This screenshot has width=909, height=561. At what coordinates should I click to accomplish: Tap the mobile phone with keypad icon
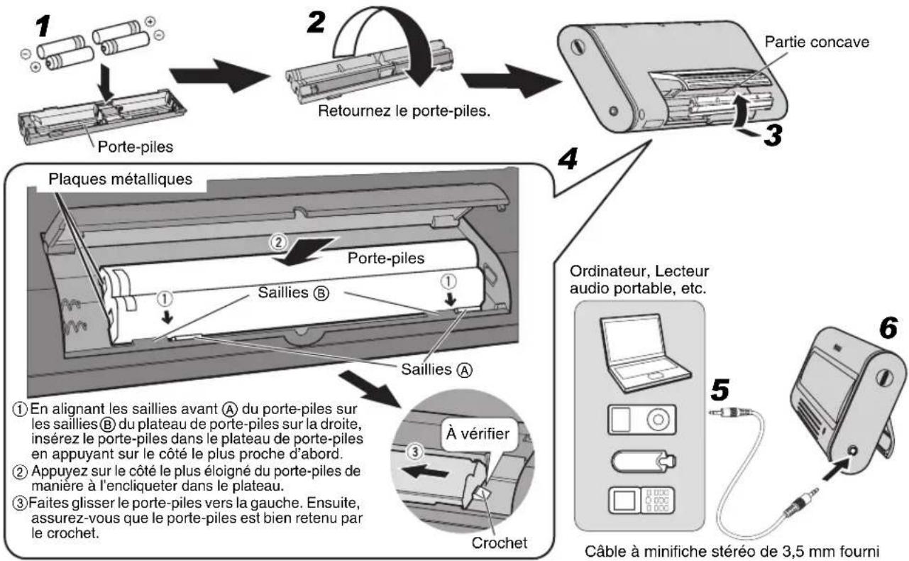coord(637,501)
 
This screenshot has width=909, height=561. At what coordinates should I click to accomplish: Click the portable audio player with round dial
coord(637,420)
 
